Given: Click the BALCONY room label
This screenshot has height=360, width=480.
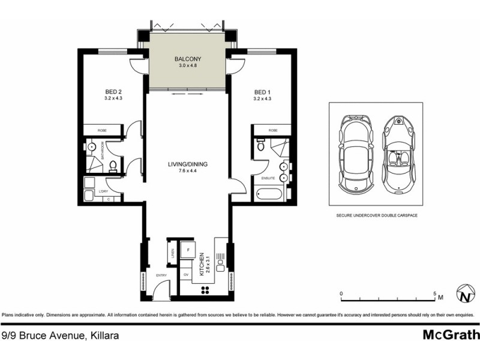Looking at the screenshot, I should coord(187,59).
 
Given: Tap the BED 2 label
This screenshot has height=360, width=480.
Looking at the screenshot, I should coord(113,92).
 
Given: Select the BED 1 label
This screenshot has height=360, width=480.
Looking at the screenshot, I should coord(262,92).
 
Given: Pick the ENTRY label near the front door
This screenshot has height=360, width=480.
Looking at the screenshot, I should coord(161,275).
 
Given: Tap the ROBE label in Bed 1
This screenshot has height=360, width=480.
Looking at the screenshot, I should coord(273,130).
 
